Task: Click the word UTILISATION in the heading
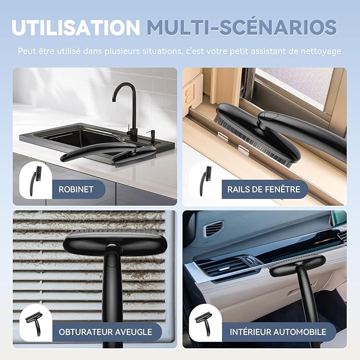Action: coord(76,28)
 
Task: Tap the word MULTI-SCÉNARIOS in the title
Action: coord(242,27)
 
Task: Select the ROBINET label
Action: coord(76,189)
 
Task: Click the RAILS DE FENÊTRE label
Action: coord(264,189)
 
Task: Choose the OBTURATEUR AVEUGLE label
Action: coord(106,332)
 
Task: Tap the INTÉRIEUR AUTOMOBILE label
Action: coord(278,332)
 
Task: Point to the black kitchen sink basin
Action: coord(76,138)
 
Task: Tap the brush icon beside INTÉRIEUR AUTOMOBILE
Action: coord(204,324)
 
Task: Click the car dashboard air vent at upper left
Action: coord(214,228)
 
